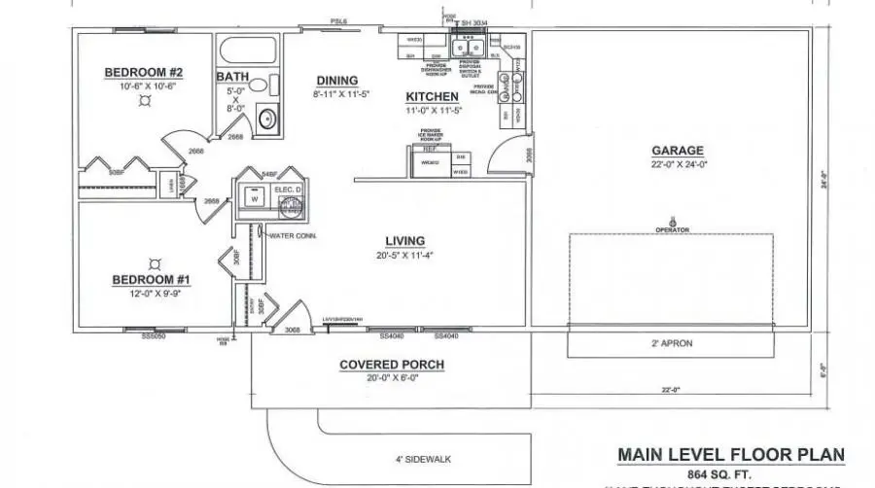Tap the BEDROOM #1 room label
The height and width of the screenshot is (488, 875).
[152, 280]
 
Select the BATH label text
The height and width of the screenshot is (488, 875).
[232, 77]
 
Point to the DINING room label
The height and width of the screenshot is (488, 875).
[336, 81]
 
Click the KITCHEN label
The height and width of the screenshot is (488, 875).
[432, 97]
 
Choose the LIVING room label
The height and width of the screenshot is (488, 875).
[404, 241]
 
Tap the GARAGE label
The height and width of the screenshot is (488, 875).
[678, 151]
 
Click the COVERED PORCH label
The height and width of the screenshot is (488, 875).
[392, 366]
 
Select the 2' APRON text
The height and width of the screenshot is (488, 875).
[672, 344]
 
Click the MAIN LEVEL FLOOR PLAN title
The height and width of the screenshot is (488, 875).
[731, 455]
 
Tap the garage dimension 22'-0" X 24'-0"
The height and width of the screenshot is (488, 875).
[678, 164]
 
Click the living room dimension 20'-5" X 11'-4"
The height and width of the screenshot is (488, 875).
[404, 255]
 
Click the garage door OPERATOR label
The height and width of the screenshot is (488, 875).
[672, 229]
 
